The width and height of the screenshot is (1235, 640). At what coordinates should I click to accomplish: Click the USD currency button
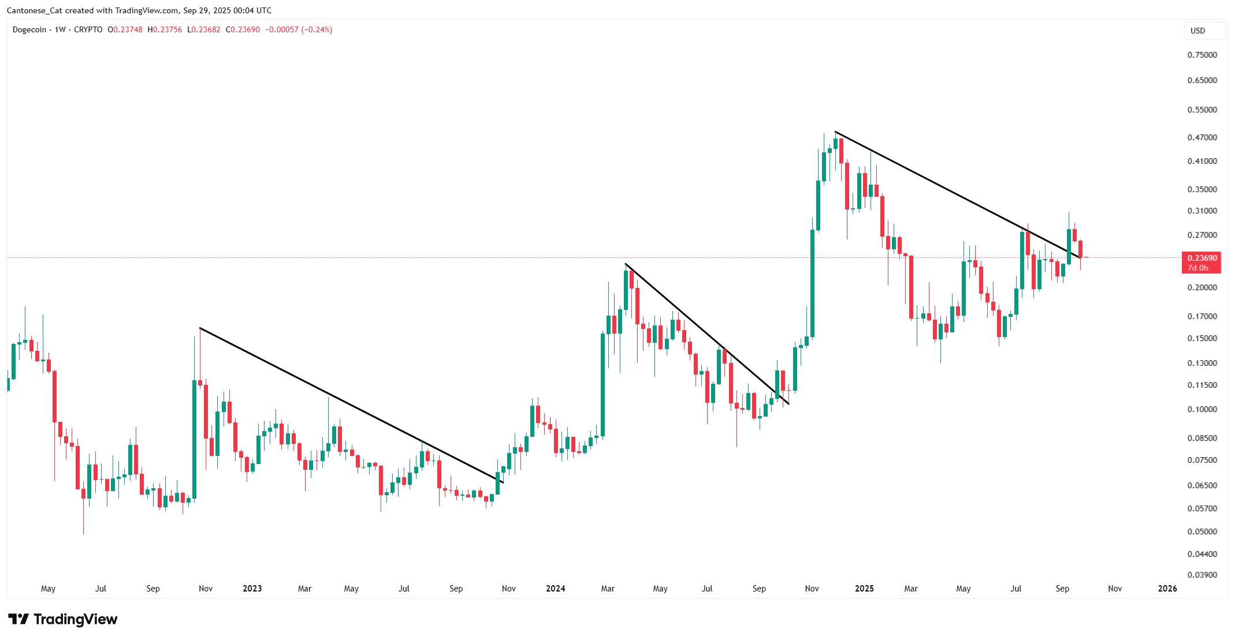1198,31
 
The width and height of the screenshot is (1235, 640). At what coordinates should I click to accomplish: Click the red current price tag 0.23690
1201,259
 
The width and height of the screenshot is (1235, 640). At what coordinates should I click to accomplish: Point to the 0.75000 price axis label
1202,55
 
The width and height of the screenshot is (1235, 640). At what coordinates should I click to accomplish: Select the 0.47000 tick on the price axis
1202,137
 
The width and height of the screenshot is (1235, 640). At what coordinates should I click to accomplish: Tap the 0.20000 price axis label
1202,287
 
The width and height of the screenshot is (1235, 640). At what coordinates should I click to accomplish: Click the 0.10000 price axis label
1202,409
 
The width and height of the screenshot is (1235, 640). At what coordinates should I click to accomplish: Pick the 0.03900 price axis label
1202,575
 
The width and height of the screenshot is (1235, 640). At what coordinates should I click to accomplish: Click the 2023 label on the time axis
252,589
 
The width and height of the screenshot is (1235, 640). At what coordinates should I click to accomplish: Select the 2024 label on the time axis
555,589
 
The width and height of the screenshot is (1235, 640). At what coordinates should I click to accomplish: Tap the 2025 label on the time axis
864,589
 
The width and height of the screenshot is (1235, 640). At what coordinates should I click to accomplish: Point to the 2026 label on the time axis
1167,589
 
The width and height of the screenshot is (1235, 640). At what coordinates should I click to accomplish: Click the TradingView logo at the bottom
62,619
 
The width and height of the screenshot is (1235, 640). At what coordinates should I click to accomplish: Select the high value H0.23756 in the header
165,29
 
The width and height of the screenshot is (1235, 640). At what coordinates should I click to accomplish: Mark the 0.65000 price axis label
1202,80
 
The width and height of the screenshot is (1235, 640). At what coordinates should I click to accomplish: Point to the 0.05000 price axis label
1202,532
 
